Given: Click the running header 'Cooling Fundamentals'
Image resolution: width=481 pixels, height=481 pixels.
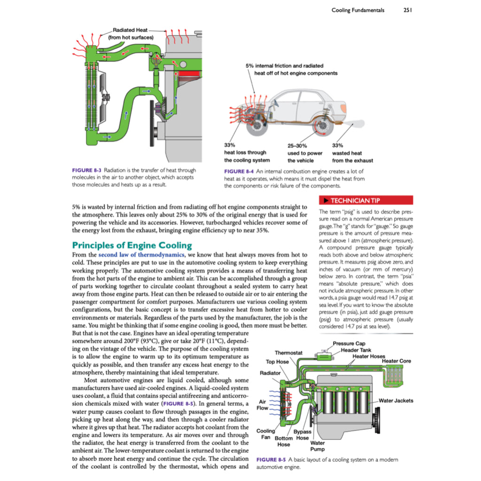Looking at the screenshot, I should (357, 10).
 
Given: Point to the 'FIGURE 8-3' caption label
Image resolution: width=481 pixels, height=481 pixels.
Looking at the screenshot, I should (87, 170).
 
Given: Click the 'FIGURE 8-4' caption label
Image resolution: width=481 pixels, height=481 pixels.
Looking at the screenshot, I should (240, 171).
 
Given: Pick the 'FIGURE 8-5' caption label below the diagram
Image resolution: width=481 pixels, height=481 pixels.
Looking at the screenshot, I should (270, 459).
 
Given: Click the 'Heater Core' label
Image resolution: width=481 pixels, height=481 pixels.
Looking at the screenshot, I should (396, 361).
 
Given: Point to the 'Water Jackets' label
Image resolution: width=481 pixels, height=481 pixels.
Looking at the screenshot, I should (396, 400).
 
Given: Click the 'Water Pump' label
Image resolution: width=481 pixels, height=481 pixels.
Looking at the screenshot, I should (318, 446).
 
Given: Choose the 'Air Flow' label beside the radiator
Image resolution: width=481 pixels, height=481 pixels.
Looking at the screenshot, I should (263, 405).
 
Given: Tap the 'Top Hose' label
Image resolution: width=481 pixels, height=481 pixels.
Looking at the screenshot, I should (277, 362).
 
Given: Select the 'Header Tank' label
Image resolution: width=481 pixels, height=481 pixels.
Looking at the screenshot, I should (356, 350).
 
